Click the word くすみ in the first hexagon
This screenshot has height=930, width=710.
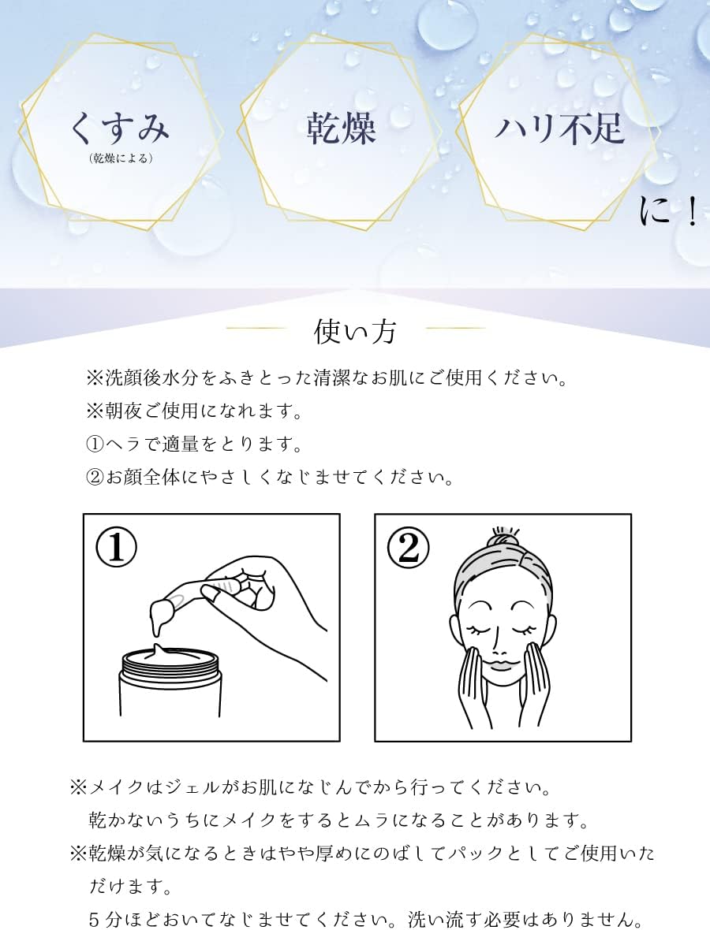click(x=119, y=128)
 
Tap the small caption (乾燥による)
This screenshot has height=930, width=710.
click(x=121, y=158)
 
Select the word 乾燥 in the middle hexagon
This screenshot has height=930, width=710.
click(x=342, y=128)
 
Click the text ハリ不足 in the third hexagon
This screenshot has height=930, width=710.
click(x=560, y=128)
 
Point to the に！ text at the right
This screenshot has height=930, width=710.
click(x=669, y=210)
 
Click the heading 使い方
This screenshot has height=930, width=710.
click(x=355, y=332)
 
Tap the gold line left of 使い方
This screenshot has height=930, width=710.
click(x=256, y=327)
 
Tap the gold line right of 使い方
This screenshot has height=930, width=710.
click(x=455, y=327)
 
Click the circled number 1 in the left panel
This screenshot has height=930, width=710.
click(x=116, y=547)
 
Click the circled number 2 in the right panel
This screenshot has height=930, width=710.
click(x=408, y=547)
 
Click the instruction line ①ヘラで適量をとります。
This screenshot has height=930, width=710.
click(x=195, y=444)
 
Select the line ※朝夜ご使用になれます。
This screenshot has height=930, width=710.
click(x=195, y=411)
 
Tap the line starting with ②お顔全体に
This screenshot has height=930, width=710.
click(x=270, y=477)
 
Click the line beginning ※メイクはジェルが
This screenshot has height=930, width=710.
click(x=312, y=787)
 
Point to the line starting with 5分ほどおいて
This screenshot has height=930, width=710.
click(x=366, y=919)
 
